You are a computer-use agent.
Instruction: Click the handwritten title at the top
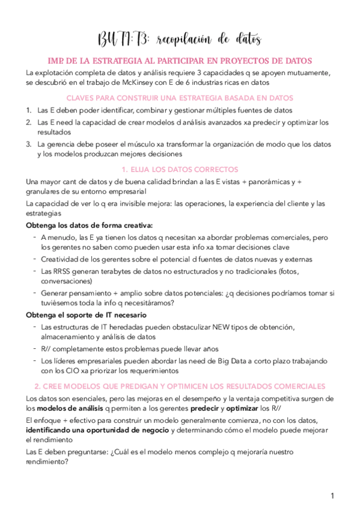[x=179, y=40]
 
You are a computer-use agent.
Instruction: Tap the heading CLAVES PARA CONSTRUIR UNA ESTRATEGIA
[x=180, y=97]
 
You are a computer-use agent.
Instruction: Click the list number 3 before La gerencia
[x=28, y=144]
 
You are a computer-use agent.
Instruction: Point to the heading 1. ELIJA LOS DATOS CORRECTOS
[x=180, y=169]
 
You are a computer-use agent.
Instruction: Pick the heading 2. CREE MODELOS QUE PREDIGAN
[x=180, y=386]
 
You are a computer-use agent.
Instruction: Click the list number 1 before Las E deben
[x=28, y=110]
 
